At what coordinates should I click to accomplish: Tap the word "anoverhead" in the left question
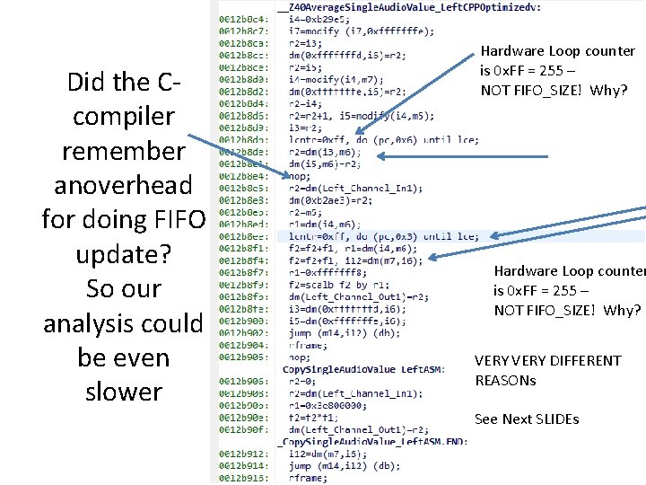tap(123, 186)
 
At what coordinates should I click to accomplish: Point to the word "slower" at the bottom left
tap(123, 392)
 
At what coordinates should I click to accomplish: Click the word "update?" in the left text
tap(123, 255)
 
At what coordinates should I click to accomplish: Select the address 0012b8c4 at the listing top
tap(240, 19)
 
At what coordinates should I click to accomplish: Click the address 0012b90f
tap(240, 428)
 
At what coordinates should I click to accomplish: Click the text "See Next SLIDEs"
tap(527, 419)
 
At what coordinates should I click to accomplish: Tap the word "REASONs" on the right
tap(505, 380)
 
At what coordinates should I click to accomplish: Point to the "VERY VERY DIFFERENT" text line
tap(547, 360)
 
